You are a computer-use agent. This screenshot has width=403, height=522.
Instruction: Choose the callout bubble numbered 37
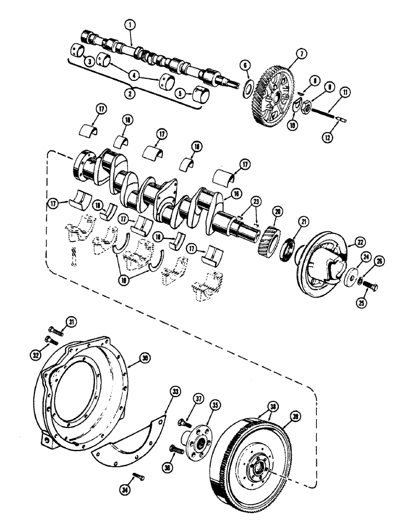tap(198, 399)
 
